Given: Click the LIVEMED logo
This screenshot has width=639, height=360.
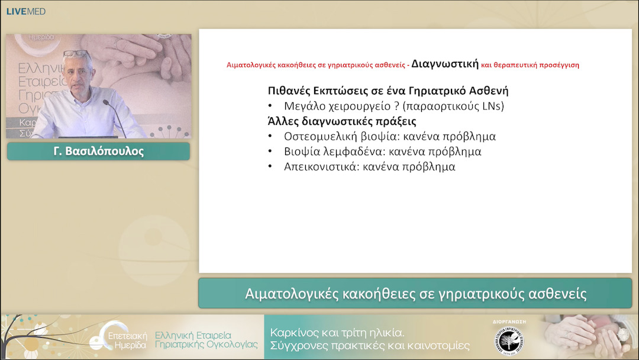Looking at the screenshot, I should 26,11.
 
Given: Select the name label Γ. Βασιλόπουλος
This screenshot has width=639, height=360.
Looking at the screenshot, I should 98,151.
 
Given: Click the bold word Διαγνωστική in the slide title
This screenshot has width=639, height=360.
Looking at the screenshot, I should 445,63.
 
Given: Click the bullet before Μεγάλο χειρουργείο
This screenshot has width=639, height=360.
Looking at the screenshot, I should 270,107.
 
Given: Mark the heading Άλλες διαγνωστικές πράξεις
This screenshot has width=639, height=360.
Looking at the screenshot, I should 341,121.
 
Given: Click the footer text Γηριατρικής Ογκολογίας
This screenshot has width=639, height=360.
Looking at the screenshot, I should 206,345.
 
